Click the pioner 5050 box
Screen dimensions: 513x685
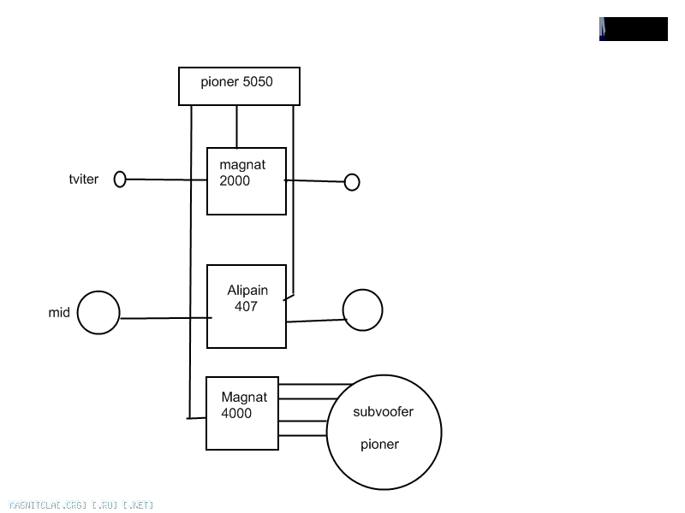coord(239,86)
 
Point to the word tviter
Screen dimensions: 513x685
coord(84,180)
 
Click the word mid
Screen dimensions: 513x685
coord(58,313)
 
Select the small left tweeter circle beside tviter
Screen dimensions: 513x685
coord(120,180)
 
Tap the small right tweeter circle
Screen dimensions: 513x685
coord(351,182)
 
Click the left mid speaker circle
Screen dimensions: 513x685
coord(98,312)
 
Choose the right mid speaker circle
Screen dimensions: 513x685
coord(362,310)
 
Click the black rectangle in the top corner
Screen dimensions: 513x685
coord(634,29)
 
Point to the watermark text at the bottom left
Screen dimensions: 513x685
coord(80,505)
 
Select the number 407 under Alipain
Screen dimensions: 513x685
coord(246,306)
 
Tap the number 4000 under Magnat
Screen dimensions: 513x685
coord(236,413)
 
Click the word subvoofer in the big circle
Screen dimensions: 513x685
coord(383,411)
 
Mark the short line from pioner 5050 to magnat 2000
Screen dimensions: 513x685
coord(236,127)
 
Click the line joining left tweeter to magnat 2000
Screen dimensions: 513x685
coord(166,180)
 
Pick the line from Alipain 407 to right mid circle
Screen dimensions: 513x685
coord(315,321)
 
